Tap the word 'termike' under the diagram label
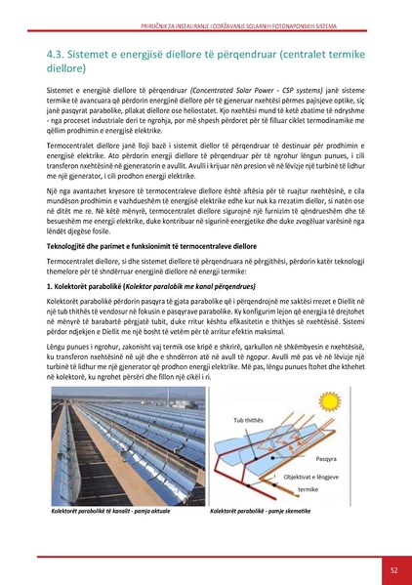tap(308, 488)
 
